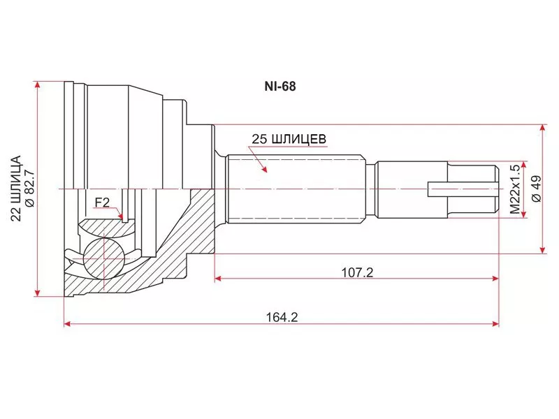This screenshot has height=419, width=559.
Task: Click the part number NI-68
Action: pyautogui.click(x=280, y=87)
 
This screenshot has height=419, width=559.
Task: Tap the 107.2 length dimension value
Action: pyautogui.click(x=357, y=272)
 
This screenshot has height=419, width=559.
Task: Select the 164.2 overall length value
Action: pyautogui.click(x=282, y=317)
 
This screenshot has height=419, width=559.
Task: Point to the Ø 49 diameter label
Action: pyautogui.click(x=537, y=189)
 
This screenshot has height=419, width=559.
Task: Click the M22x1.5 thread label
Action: pyautogui.click(x=515, y=189)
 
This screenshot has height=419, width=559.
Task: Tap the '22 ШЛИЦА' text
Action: pyautogui.click(x=16, y=189)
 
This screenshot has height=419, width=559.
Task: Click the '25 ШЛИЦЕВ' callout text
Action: pyautogui.click(x=289, y=139)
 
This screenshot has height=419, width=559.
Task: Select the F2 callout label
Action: pyautogui.click(x=101, y=203)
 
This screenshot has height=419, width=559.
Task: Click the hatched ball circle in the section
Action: pyautogui.click(x=103, y=259)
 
